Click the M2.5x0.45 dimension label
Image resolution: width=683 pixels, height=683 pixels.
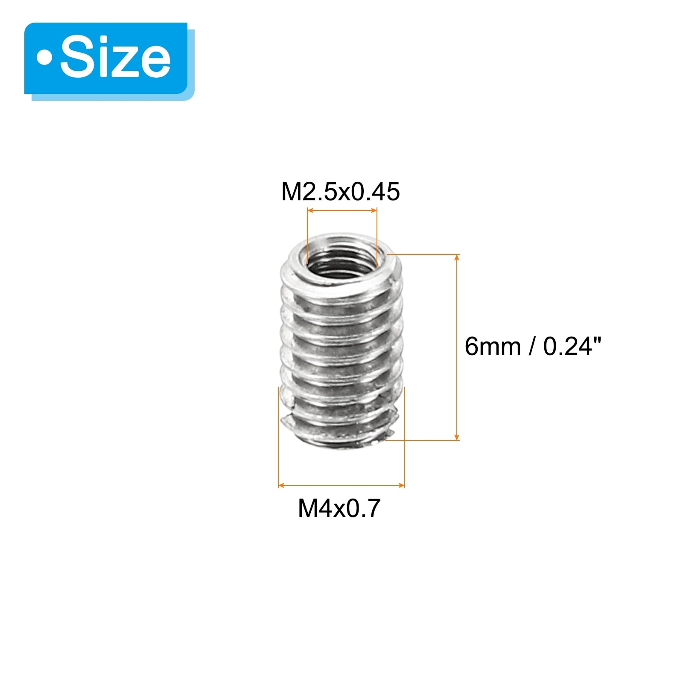[340, 192]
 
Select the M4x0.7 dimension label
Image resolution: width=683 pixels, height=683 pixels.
[339, 508]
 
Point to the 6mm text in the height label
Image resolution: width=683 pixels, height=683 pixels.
[493, 346]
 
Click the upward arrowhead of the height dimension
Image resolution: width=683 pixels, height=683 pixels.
[457, 257]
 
